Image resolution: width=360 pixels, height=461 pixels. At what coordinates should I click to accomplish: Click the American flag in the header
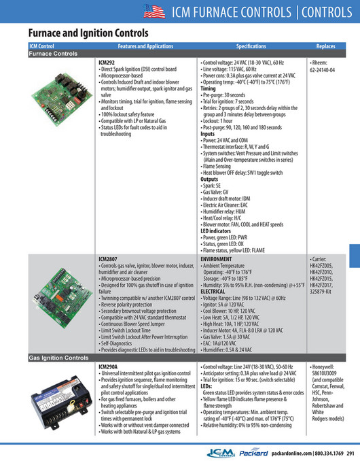[154, 12]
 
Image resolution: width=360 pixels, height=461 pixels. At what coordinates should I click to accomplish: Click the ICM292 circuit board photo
[62, 99]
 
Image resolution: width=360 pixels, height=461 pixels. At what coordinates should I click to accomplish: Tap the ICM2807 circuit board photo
[64, 298]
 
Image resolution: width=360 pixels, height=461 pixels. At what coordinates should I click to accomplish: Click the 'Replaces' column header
[325, 46]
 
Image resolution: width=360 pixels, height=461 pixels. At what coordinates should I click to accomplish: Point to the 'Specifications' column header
[251, 46]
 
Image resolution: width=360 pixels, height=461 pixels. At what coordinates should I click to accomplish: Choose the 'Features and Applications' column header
[145, 46]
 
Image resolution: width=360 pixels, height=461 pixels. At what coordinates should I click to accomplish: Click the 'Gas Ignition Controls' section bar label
[58, 358]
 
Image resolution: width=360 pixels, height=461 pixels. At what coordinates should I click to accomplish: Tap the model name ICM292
[107, 63]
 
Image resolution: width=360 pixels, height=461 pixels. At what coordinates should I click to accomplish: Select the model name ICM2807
[108, 259]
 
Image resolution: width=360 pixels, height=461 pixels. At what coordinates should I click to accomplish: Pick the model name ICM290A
[108, 366]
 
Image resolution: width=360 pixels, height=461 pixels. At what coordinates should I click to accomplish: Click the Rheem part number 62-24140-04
[322, 70]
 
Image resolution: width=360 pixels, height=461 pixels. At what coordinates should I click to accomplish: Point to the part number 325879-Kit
[321, 292]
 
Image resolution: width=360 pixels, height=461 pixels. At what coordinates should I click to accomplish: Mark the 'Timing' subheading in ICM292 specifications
[209, 88]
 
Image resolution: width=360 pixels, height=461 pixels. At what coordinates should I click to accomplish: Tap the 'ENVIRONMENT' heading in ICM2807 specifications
[216, 259]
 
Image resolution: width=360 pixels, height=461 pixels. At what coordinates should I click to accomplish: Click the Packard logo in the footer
[254, 453]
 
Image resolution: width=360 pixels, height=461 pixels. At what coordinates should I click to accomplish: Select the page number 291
[350, 454]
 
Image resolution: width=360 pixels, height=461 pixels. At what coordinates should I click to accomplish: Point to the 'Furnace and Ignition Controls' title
[88, 33]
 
